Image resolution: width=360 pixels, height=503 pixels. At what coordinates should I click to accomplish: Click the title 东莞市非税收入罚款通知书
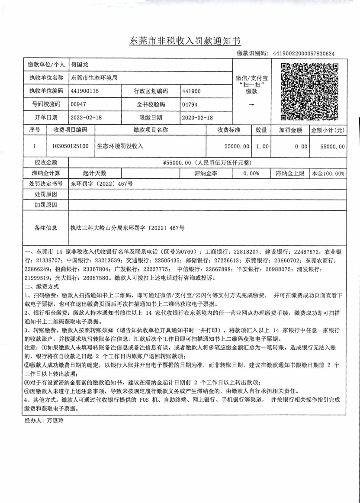[x=185, y=41]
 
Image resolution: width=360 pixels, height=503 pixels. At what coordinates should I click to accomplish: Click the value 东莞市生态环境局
[x=94, y=78]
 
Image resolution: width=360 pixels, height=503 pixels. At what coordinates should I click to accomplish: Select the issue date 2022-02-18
[x=86, y=118]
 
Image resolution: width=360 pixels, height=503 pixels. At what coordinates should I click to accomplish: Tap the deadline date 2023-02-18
[x=198, y=118]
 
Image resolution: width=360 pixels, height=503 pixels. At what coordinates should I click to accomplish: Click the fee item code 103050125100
[x=71, y=146]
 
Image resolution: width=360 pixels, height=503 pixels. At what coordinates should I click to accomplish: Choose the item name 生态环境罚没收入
[x=120, y=146]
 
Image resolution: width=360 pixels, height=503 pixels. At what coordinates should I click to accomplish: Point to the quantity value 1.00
[x=262, y=147]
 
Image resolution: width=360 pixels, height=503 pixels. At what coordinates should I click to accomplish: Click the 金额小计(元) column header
[x=328, y=130]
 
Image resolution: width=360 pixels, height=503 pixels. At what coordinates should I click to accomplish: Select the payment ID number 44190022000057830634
[x=304, y=53]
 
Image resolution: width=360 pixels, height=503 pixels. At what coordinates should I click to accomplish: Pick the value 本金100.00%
[x=328, y=174]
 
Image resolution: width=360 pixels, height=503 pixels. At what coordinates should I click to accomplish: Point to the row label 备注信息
[x=45, y=228]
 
